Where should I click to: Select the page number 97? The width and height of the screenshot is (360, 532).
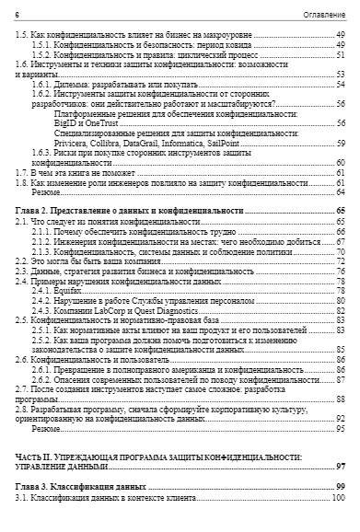pyautogui.click(x=340, y=466)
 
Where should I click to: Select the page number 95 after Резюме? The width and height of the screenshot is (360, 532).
pyautogui.click(x=340, y=428)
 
